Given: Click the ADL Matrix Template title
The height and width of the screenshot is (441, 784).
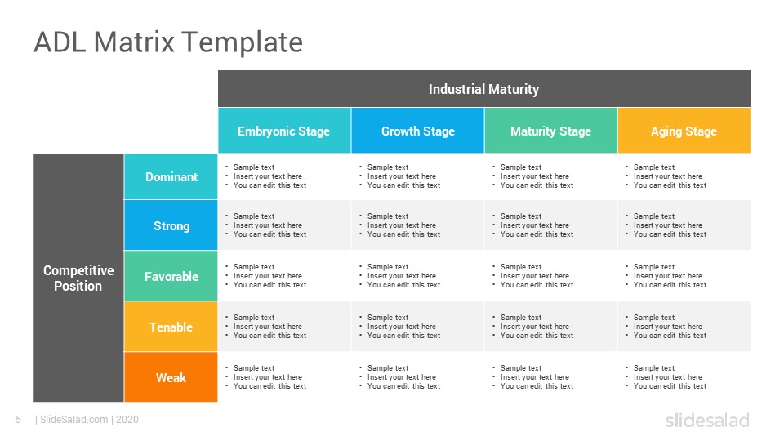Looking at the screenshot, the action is pos(168,42).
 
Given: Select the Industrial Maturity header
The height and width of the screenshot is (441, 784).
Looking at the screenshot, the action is pos(484,89).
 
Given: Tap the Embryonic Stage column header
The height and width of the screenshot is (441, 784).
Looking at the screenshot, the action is pos(284,131).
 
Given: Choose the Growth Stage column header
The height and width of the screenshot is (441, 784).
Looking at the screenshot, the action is pos(418,131).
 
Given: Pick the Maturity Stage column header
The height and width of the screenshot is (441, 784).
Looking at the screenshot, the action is pos(551,131).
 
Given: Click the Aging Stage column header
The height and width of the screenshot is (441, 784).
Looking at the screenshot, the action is pos(684,131).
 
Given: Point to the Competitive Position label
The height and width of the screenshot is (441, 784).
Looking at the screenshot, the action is pos(78,278).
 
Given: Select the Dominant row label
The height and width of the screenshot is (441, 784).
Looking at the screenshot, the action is pos(171,177).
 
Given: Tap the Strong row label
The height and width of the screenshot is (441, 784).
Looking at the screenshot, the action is pos(171,225).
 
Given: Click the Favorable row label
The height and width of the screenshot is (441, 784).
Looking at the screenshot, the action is pos(171,276).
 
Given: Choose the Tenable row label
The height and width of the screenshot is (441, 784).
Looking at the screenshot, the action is pos(171,327).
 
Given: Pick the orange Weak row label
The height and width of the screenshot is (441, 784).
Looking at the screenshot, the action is pos(171,377).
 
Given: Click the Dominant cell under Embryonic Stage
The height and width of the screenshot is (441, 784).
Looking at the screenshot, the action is pos(284,176).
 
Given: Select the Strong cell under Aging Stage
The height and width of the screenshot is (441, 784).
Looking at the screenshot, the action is pos(684,225).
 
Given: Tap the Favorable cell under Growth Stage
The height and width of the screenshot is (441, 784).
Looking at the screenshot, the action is pos(418,276).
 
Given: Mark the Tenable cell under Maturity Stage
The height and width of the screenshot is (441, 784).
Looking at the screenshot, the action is pos(551,327).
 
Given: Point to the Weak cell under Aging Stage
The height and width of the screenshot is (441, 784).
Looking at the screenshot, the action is pos(684,377).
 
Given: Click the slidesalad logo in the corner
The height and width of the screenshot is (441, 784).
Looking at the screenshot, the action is pos(707,420).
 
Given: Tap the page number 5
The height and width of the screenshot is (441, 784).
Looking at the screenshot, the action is pos(19,420).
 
